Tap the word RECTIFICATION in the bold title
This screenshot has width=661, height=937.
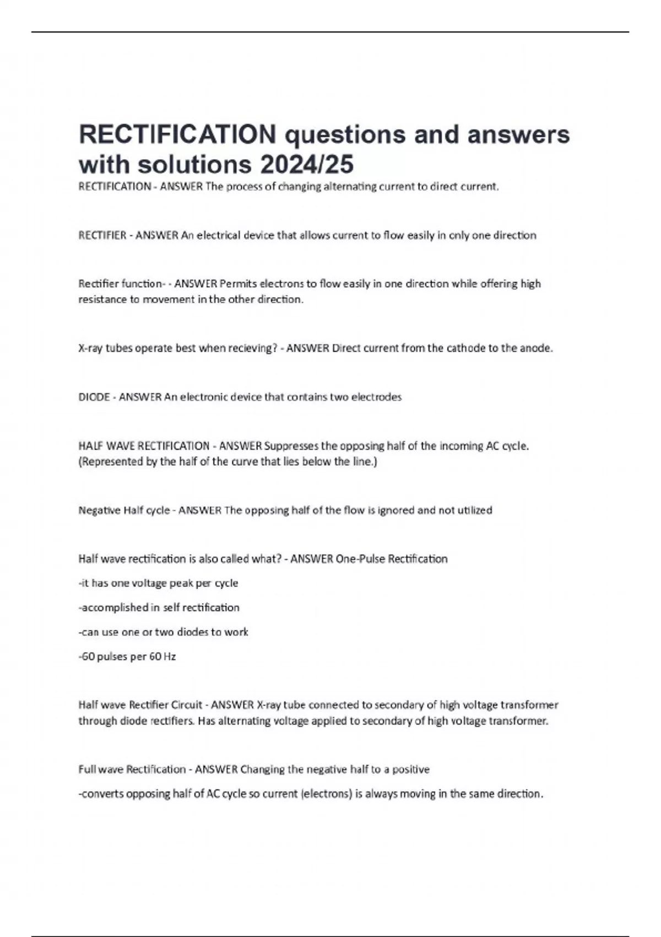click(177, 134)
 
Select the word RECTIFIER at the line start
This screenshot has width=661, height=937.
click(102, 235)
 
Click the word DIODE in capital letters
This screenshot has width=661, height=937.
click(94, 397)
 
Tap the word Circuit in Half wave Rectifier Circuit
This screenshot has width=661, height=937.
click(187, 705)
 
